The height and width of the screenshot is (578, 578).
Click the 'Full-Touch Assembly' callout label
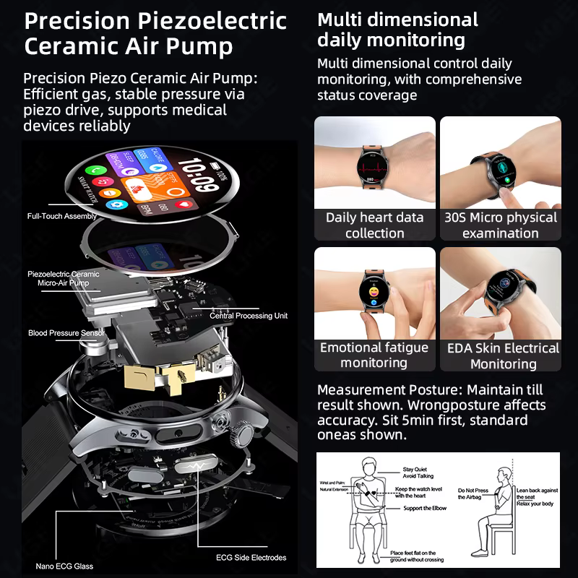(x=61, y=216)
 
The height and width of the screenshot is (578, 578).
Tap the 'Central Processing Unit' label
(x=249, y=316)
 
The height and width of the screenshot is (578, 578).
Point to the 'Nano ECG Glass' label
(x=64, y=566)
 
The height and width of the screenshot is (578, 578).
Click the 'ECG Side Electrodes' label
(x=251, y=557)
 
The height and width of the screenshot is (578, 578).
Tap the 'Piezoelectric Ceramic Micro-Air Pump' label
(x=64, y=279)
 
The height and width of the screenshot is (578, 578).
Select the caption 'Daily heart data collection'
(x=374, y=225)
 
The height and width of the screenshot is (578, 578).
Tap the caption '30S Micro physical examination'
(x=500, y=225)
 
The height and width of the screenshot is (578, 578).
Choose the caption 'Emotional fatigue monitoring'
(x=374, y=355)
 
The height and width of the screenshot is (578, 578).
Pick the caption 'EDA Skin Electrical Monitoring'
(x=501, y=355)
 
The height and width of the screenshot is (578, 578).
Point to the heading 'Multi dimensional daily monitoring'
(x=397, y=30)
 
